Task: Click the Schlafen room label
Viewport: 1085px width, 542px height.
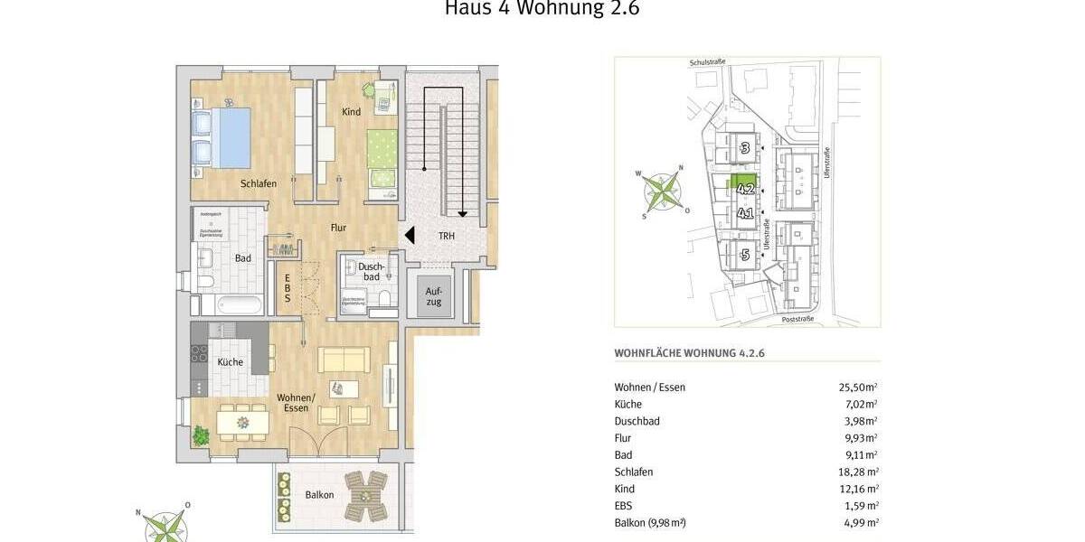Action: click(x=259, y=183)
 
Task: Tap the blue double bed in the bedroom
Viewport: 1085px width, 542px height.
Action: click(x=222, y=136)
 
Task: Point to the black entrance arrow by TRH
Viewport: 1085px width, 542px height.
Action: click(x=409, y=235)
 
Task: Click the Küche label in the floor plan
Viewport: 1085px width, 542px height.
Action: click(x=231, y=362)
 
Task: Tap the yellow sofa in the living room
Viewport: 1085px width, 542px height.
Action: click(x=344, y=359)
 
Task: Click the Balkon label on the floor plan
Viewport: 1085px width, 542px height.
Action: click(x=319, y=494)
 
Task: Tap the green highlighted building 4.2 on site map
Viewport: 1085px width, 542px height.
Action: click(x=745, y=186)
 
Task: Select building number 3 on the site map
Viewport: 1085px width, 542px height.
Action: click(x=745, y=148)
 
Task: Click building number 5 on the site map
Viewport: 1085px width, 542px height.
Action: click(x=745, y=254)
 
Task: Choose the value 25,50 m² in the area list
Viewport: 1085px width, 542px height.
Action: click(x=858, y=387)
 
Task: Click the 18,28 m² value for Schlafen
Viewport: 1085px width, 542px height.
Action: click(x=858, y=472)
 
